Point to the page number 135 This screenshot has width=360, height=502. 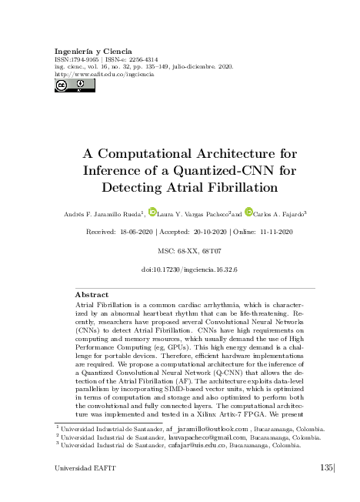[326, 468]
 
